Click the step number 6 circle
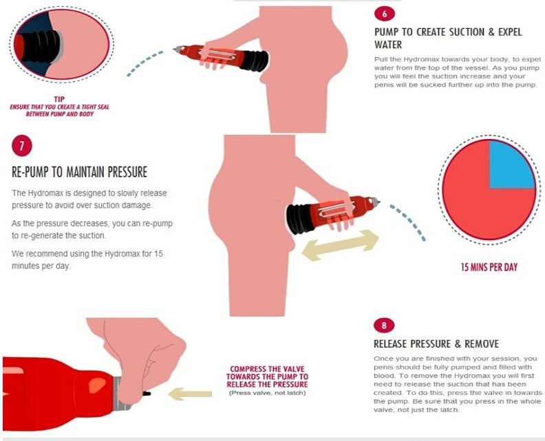[385, 14]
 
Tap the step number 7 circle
[22, 146]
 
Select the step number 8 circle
[384, 325]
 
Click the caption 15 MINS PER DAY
[489, 267]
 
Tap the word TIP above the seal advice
[59, 99]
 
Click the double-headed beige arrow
[340, 246]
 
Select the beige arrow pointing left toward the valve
[190, 394]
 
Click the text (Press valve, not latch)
[267, 393]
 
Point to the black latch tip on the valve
[147, 394]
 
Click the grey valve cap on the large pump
[122, 394]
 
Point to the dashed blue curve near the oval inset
[145, 62]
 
